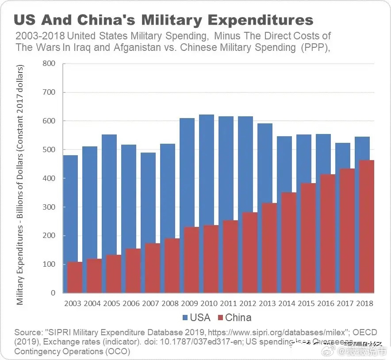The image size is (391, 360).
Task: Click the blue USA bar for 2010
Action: [206, 168]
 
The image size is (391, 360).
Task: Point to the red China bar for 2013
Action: [269, 248]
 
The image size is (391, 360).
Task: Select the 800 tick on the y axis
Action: [50, 64]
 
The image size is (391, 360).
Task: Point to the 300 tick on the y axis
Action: [50, 207]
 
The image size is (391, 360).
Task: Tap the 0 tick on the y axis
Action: [53, 293]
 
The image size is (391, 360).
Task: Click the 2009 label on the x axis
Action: [189, 304]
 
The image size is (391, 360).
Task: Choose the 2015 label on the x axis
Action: [306, 304]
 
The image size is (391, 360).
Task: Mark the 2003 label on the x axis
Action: [73, 304]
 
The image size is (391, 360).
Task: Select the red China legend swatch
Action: [220, 318]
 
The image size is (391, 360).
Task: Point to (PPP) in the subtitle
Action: [314, 48]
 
